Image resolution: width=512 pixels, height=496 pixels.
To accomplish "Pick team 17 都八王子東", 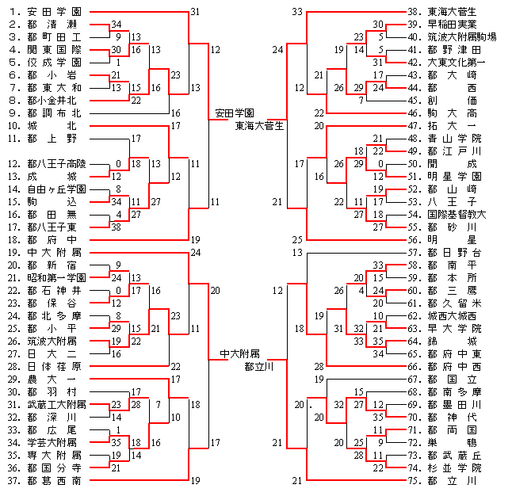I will (x=55, y=227).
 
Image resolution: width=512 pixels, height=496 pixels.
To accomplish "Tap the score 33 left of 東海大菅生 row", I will (x=297, y=12).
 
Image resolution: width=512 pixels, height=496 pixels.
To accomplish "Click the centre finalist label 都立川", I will (x=259, y=367).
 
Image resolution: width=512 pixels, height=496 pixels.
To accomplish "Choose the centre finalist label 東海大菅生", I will (x=259, y=125).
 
